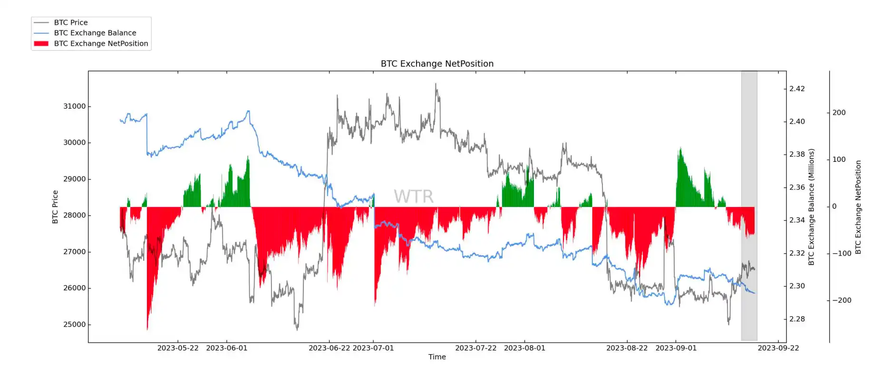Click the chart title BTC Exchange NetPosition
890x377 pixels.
tap(437, 64)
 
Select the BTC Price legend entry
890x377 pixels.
tap(71, 22)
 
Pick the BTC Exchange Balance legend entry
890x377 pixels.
tap(95, 33)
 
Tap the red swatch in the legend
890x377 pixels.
tap(41, 43)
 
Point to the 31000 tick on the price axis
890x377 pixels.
tap(75, 106)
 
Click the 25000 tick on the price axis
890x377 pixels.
tap(75, 325)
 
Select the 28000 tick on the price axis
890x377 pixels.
tap(75, 215)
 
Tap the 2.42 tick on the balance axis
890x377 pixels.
tap(797, 89)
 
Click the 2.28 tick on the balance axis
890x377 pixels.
tap(797, 319)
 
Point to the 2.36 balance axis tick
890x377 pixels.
tap(797, 187)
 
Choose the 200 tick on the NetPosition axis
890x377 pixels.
tap(839, 113)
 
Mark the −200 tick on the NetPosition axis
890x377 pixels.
tap(841, 300)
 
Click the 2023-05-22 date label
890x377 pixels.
tap(178, 348)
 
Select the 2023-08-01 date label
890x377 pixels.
tap(524, 348)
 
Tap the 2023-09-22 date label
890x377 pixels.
tap(778, 348)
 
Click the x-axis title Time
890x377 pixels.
tap(437, 357)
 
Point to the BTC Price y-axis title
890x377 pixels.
tap(55, 207)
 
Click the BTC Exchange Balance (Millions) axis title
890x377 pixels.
tap(811, 207)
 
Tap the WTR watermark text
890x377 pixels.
tap(414, 197)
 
